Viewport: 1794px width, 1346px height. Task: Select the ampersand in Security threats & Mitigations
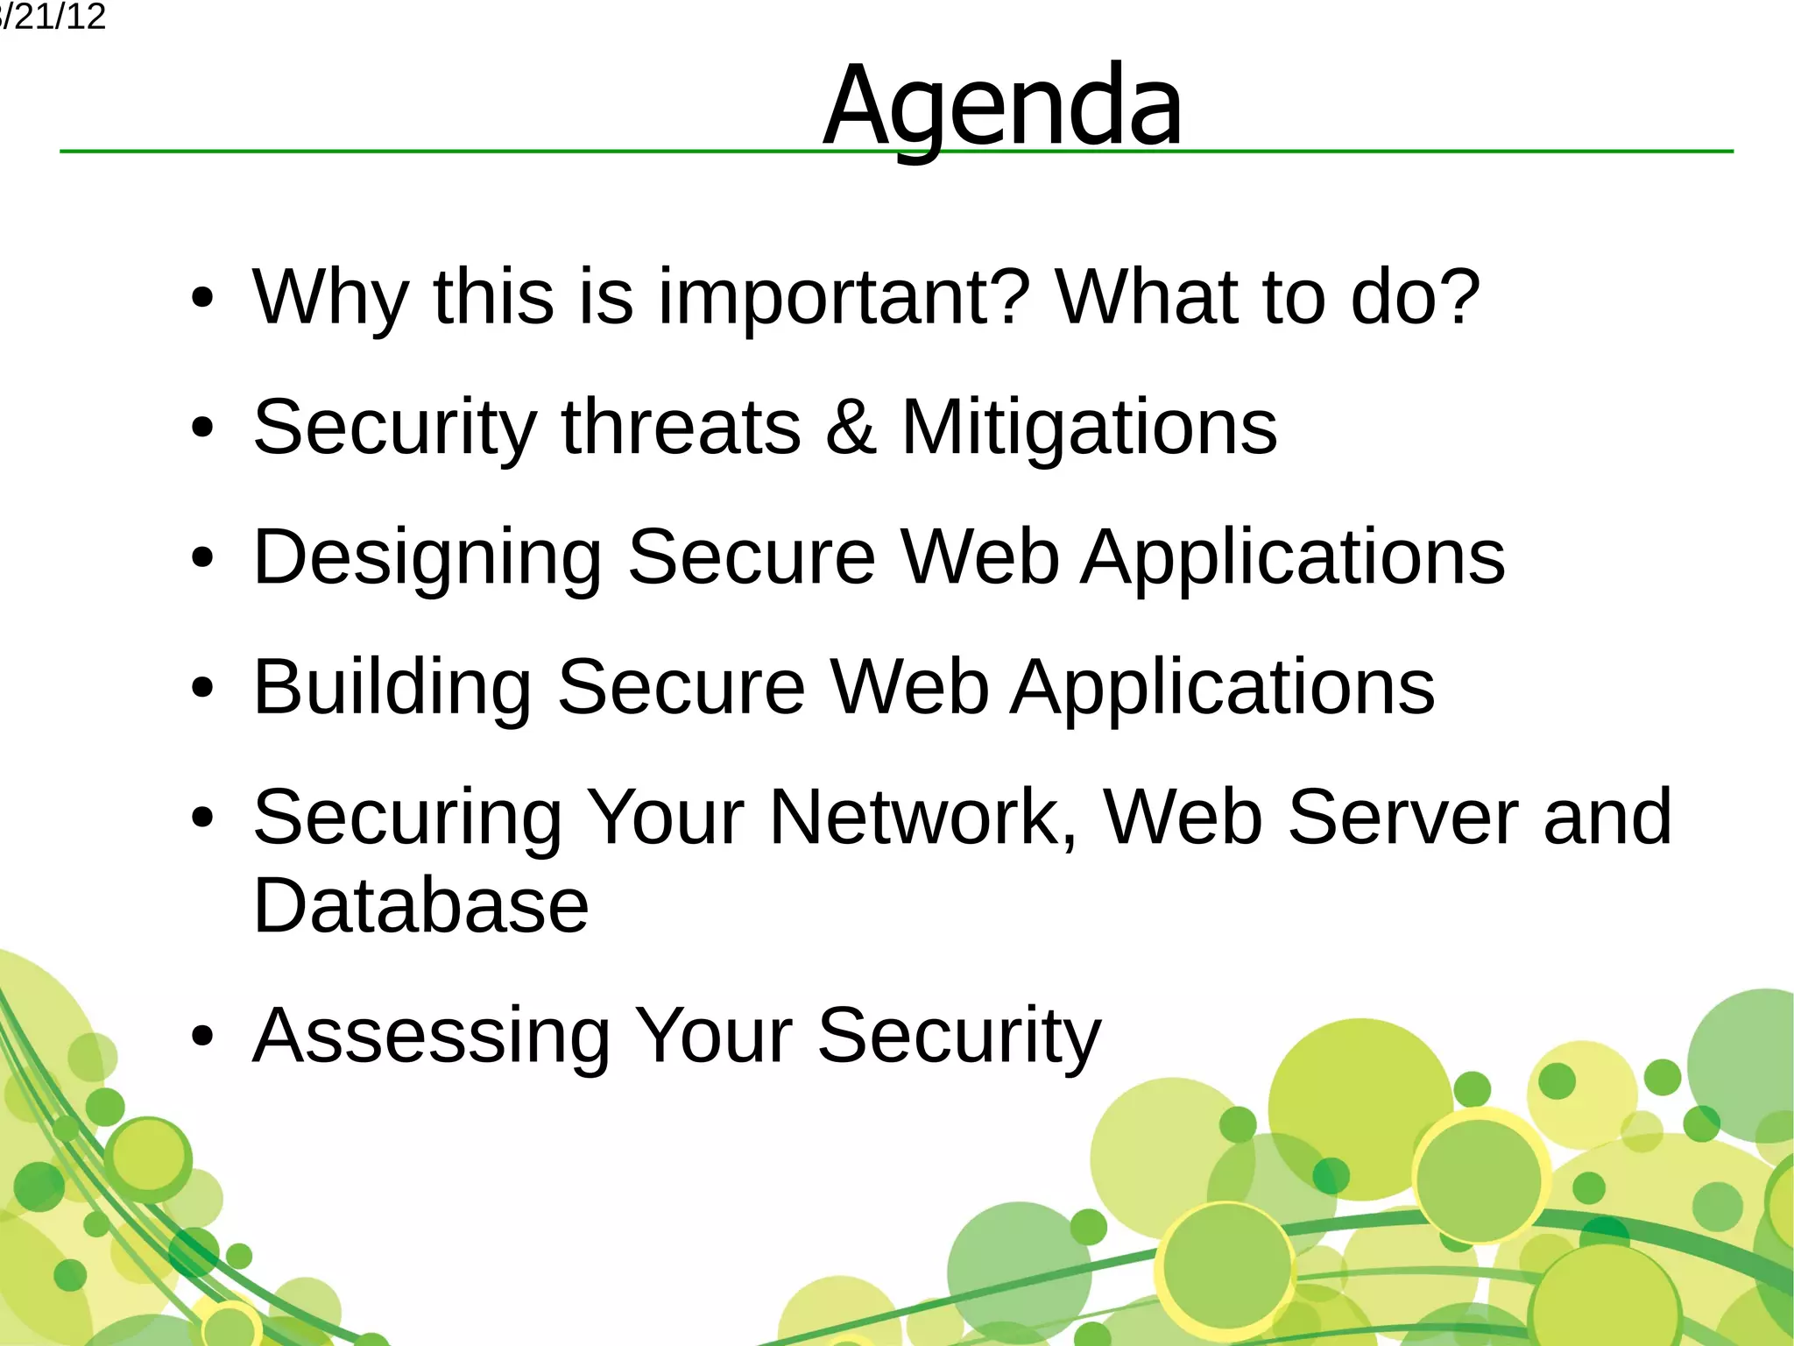851,427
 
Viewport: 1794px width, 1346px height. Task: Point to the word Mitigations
1089,427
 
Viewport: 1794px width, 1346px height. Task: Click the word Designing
427,557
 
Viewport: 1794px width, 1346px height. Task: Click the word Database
420,905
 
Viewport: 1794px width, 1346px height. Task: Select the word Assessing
431,1036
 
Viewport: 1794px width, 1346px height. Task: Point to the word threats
681,427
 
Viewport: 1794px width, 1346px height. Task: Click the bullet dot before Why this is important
202,299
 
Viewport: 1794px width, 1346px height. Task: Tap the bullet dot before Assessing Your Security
202,1037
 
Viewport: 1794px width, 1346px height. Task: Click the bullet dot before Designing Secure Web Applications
202,557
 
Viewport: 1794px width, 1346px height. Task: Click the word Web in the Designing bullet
980,557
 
